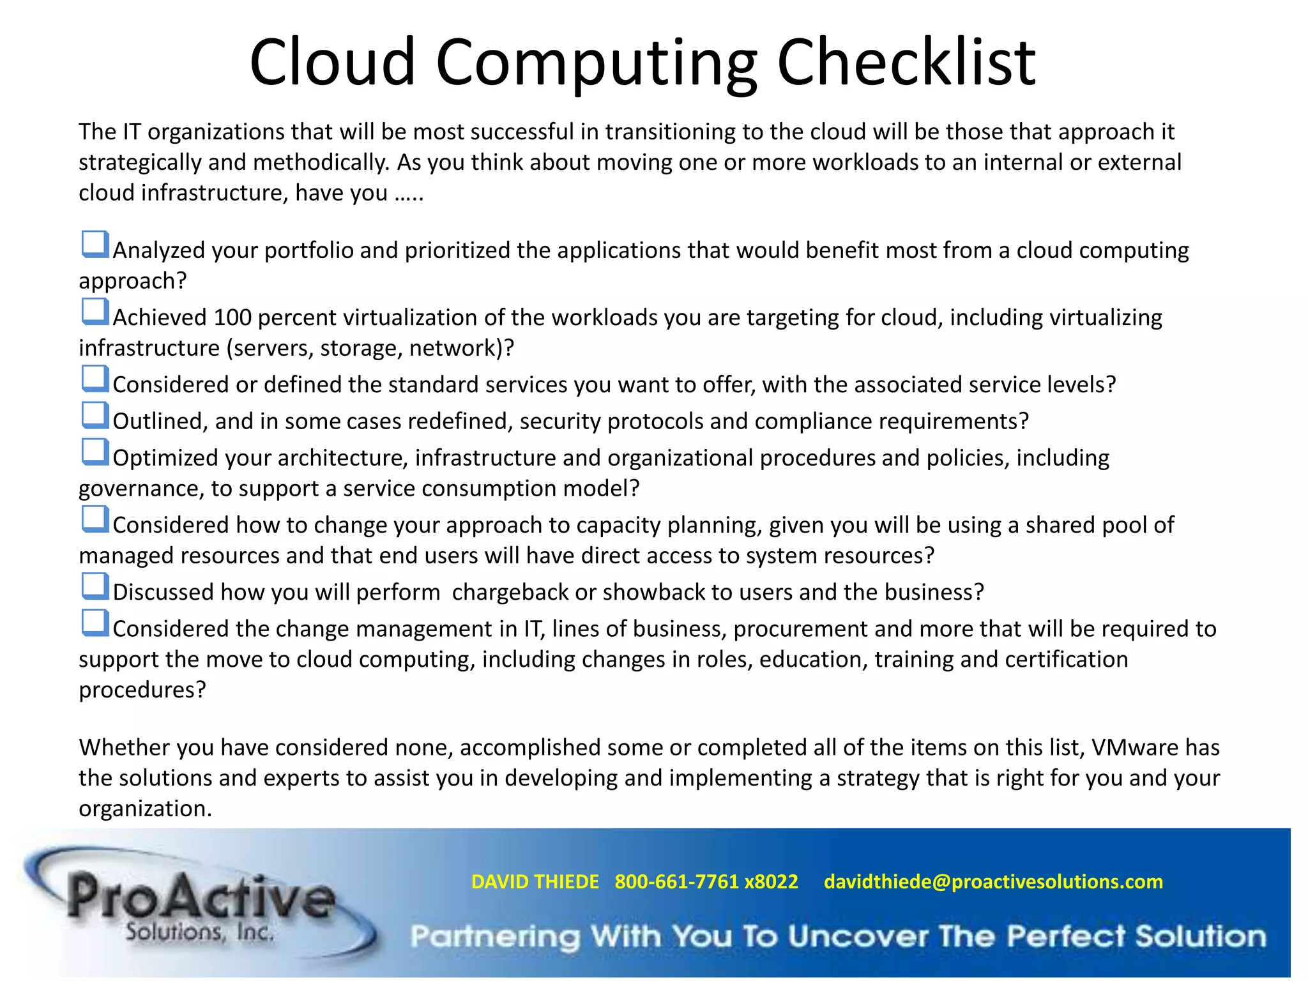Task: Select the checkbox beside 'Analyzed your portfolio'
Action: [x=95, y=245]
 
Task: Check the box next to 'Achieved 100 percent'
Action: [x=95, y=312]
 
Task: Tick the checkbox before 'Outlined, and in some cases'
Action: [x=95, y=415]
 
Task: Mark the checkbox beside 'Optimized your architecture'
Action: [x=95, y=452]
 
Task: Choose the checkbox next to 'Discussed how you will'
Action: [x=95, y=586]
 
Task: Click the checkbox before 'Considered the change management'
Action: [x=95, y=623]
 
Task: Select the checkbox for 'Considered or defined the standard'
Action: [x=95, y=379]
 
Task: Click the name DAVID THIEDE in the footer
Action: [x=535, y=882]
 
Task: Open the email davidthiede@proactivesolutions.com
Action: [x=993, y=882]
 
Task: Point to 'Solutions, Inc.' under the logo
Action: [x=199, y=932]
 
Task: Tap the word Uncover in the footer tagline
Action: [x=858, y=937]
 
